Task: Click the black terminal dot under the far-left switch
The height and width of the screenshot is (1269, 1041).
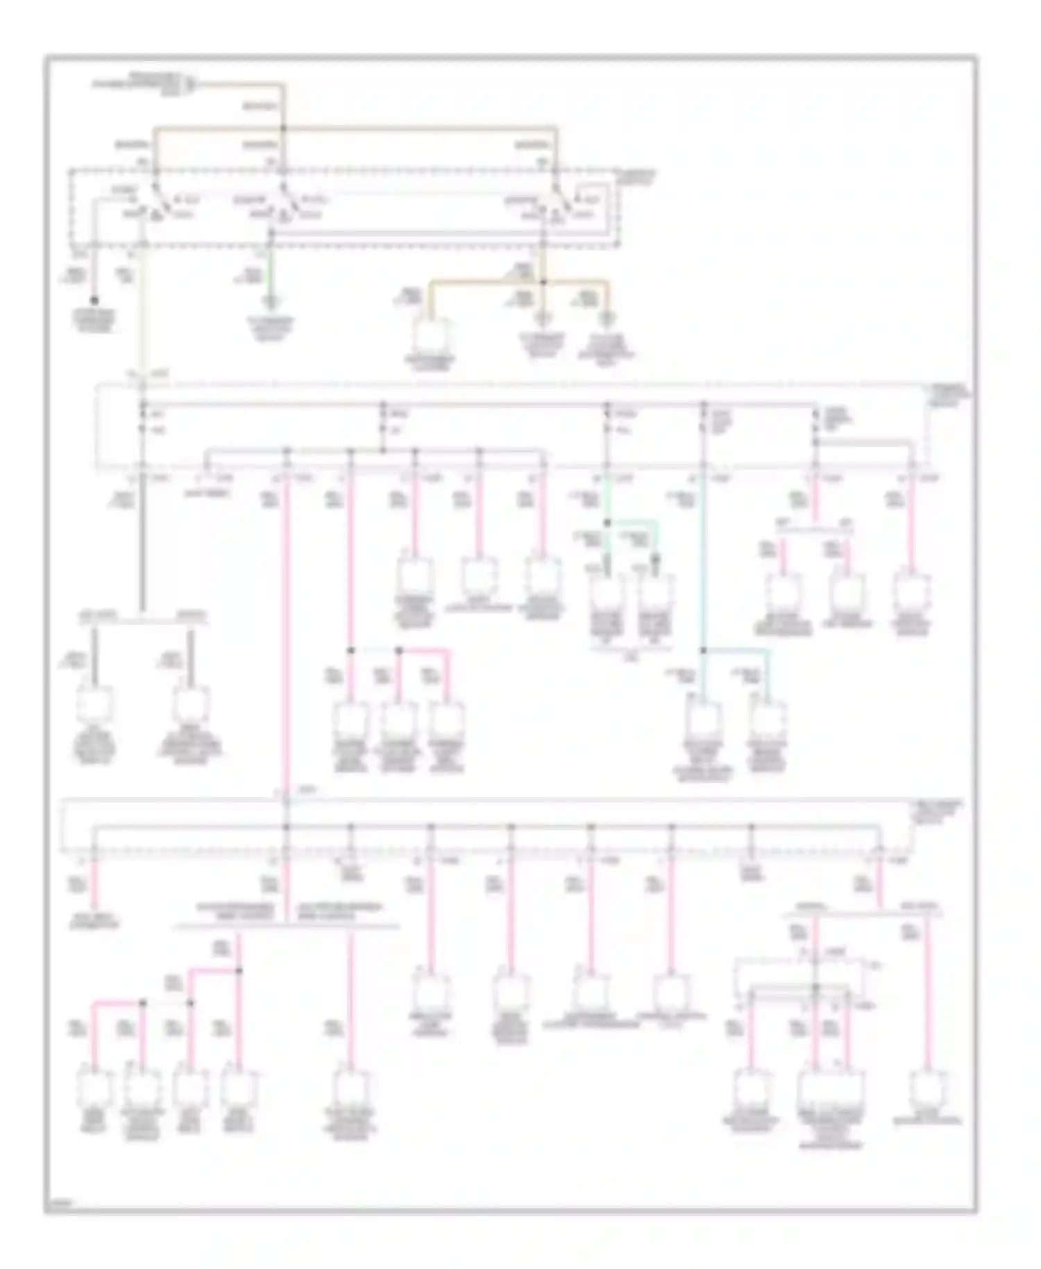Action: [94, 300]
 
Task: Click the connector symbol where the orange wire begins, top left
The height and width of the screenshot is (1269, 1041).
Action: [190, 85]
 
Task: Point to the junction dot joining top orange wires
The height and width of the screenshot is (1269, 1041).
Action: [282, 128]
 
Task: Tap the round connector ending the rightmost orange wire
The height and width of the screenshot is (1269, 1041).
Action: [607, 320]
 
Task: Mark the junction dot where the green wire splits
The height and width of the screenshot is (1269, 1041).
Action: [607, 522]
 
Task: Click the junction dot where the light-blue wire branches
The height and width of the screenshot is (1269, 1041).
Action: [703, 650]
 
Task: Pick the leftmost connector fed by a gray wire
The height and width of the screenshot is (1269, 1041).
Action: [94, 705]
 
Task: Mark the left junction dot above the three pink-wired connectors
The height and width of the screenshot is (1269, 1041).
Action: [350, 650]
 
